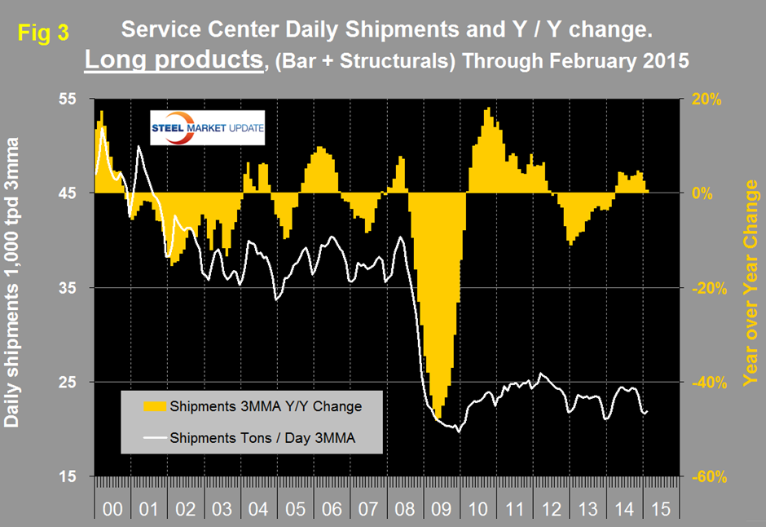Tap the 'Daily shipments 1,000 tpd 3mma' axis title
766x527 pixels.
point(13,286)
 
